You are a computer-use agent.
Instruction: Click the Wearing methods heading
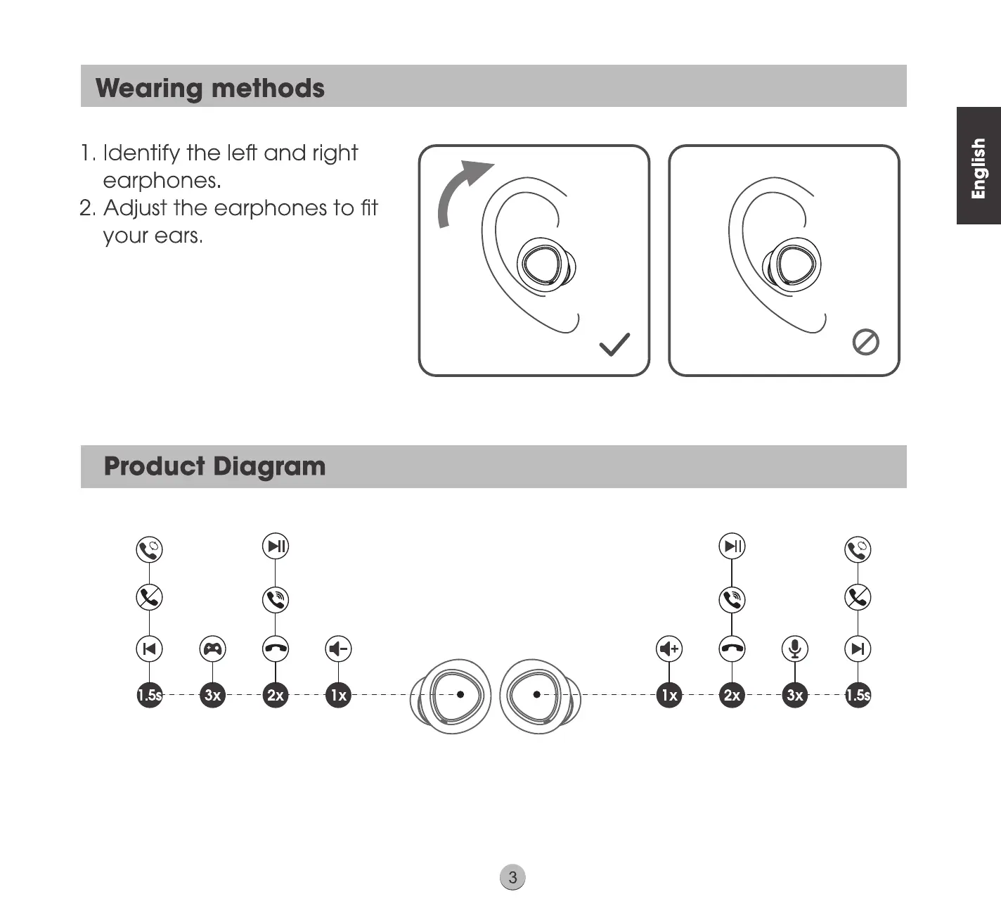210,88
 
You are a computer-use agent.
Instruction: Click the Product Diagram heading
214,466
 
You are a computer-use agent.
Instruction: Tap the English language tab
979,167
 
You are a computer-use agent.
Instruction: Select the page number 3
512,877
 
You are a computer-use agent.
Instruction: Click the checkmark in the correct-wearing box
614,345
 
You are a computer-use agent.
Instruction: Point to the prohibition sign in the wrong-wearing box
865,343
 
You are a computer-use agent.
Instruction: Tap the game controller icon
212,649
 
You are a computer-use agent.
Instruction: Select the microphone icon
794,649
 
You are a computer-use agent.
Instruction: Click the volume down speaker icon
339,649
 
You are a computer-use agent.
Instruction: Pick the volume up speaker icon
669,649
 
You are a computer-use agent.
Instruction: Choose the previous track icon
149,649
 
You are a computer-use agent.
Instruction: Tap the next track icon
858,649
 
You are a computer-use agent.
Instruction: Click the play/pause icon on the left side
276,546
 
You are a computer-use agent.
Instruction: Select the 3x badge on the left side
212,695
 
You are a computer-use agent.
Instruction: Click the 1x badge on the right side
669,695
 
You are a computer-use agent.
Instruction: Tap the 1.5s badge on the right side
858,695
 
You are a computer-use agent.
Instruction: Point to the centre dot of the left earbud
460,694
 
